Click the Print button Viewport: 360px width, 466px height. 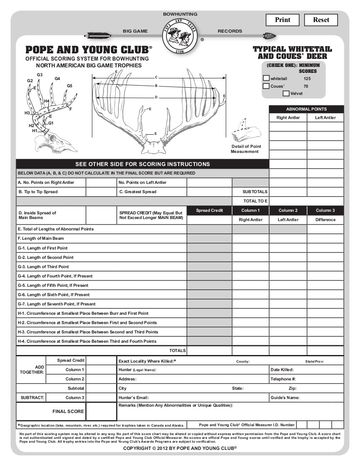[282, 20]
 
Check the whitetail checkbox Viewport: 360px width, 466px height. [266, 78]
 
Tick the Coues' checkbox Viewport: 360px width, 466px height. [266, 86]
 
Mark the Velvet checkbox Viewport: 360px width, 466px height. [286, 93]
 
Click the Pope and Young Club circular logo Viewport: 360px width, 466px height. [180, 36]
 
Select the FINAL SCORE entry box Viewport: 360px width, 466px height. [101, 411]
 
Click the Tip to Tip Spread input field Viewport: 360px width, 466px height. [101, 192]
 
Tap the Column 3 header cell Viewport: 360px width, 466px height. [325, 211]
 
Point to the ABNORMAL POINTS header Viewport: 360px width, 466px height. [306, 109]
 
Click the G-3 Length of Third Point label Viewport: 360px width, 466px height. [43, 267]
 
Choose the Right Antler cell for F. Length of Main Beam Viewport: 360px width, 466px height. [250, 239]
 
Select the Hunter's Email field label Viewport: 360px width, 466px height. [133, 398]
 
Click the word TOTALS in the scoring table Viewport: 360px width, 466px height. [177, 351]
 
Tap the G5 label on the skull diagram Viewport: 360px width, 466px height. [69, 86]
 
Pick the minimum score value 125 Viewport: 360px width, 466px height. [307, 78]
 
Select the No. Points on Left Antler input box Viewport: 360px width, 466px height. [209, 183]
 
